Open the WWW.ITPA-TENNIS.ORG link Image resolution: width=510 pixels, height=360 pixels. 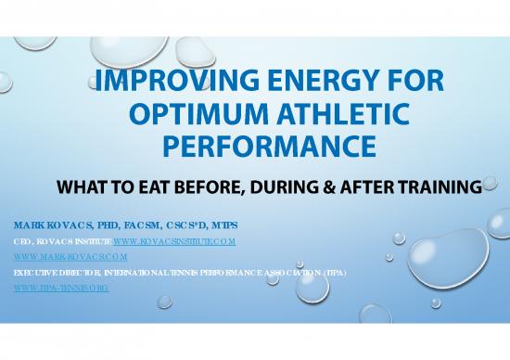pyautogui.click(x=60, y=289)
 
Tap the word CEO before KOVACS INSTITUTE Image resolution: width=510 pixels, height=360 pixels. pyautogui.click(x=21, y=240)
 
